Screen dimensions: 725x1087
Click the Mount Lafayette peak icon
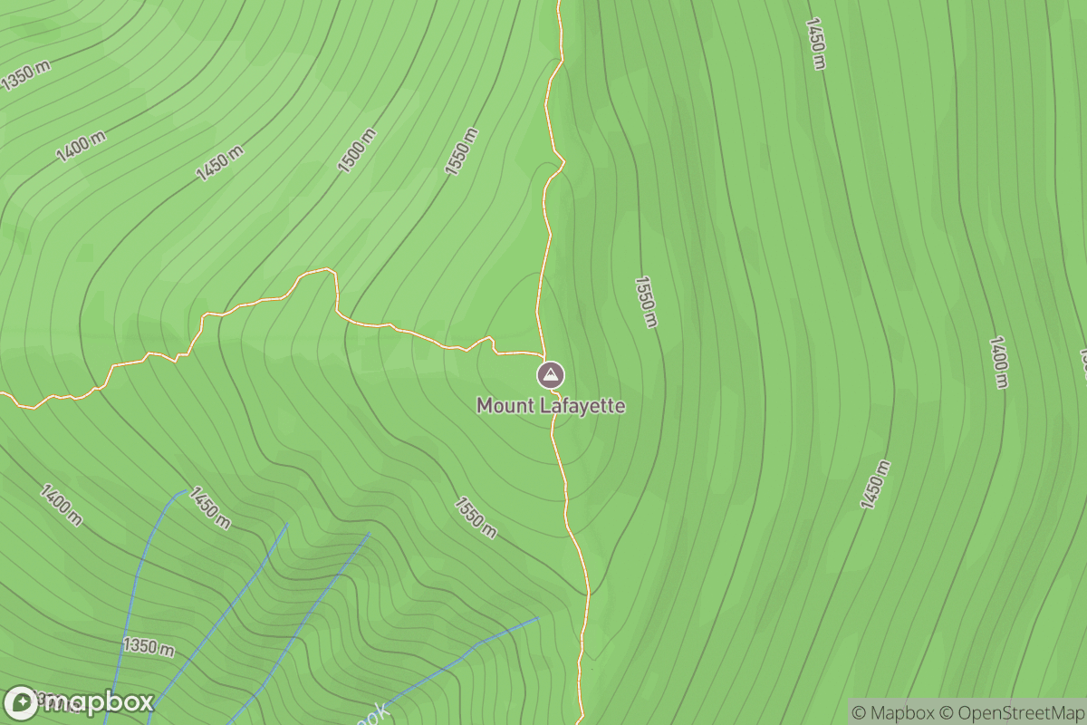coord(550,374)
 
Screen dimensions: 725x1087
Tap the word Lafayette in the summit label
coord(582,406)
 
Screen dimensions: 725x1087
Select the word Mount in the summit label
coord(505,406)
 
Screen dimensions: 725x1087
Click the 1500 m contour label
coord(356,150)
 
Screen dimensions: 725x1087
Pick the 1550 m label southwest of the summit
coord(476,517)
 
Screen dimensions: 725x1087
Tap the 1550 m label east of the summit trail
coord(645,302)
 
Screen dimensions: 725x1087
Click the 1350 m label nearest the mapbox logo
coord(149,647)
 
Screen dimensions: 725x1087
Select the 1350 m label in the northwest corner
coord(25,77)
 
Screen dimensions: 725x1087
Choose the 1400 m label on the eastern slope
coord(998,362)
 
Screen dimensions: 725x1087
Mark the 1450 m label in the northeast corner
coord(815,43)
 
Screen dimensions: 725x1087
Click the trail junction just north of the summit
coord(543,353)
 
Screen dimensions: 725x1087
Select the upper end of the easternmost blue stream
coord(537,619)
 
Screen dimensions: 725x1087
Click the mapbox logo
coord(79,702)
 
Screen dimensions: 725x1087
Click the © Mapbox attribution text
coord(893,711)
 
